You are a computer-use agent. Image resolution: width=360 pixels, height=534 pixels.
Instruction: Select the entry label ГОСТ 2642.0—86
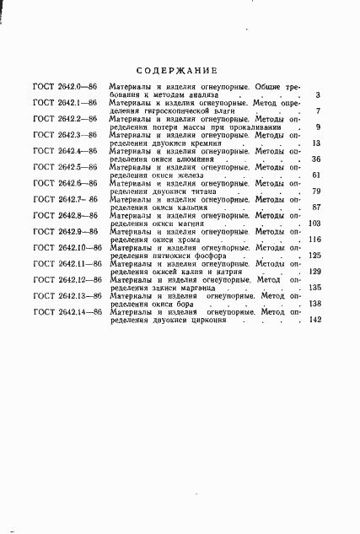point(64,88)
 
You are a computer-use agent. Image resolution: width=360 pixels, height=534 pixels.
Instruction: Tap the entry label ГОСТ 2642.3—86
point(64,135)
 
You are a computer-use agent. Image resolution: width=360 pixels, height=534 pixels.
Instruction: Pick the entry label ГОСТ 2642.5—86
point(64,167)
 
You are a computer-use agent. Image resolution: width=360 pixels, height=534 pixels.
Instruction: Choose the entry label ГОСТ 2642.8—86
point(64,215)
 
